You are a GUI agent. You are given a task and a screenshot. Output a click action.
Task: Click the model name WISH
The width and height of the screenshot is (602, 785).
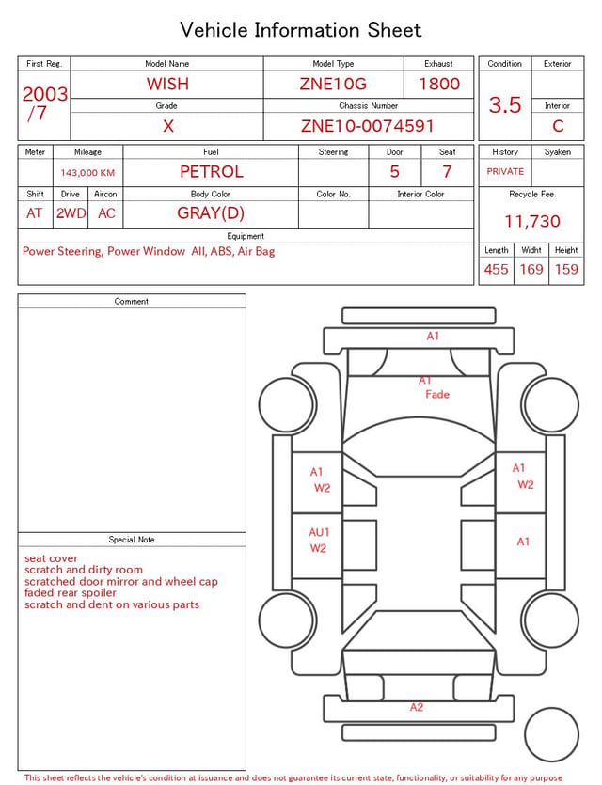coord(167,84)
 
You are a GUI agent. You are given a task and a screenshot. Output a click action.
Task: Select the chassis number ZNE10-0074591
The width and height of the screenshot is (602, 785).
coord(368,126)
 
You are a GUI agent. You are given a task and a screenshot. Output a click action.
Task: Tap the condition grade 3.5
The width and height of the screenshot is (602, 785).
coord(505,104)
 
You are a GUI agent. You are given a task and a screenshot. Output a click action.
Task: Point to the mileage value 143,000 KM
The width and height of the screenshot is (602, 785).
coord(87,173)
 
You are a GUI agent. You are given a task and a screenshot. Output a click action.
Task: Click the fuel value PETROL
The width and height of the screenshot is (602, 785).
coord(212,172)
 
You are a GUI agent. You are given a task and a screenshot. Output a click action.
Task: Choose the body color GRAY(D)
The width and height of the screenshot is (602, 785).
coord(211,213)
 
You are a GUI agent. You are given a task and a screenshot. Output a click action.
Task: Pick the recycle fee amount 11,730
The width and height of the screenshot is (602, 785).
coord(531,221)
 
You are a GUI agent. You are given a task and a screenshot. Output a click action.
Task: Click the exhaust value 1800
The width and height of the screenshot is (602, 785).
coord(439,84)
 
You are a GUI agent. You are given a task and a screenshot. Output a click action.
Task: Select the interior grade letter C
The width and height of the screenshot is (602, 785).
coord(558,126)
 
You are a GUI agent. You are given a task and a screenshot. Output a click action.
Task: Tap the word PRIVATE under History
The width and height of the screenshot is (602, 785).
coord(505,171)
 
